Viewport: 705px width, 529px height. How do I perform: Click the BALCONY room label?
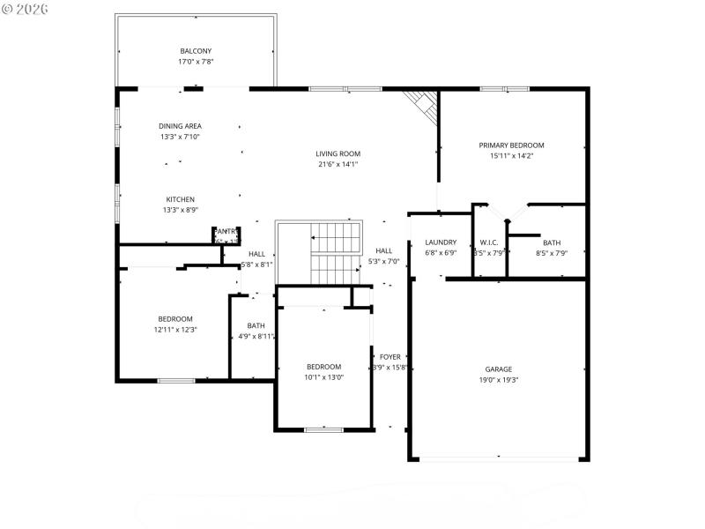coord(196,51)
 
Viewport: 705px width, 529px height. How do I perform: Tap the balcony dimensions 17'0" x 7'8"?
coord(196,62)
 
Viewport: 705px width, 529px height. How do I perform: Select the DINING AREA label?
coord(180,126)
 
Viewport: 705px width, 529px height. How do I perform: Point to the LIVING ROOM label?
coord(338,153)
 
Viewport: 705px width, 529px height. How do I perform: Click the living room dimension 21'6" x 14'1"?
coord(338,164)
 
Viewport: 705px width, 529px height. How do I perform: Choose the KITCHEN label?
coord(180,199)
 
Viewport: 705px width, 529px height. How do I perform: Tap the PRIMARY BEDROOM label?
coord(511,145)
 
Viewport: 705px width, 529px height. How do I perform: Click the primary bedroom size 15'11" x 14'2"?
coord(511,155)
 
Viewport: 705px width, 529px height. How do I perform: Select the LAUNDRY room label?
coord(440,242)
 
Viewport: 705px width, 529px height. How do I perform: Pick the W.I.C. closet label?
coord(489,242)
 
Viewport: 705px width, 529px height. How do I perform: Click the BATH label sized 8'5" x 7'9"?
coord(552,242)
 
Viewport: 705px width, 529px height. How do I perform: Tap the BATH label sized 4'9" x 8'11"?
coord(256,325)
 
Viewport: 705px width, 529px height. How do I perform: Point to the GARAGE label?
coord(498,369)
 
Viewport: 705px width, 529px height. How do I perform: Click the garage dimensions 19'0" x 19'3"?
coord(498,380)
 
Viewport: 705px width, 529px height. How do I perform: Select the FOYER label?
coord(390,357)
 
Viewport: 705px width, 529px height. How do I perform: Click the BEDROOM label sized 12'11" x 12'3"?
coord(175,319)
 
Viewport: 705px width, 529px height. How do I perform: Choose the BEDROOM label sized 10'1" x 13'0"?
coord(323,367)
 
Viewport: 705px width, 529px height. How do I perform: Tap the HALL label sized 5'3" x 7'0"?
coord(383,250)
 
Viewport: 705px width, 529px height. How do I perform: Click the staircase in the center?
coord(335,252)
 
